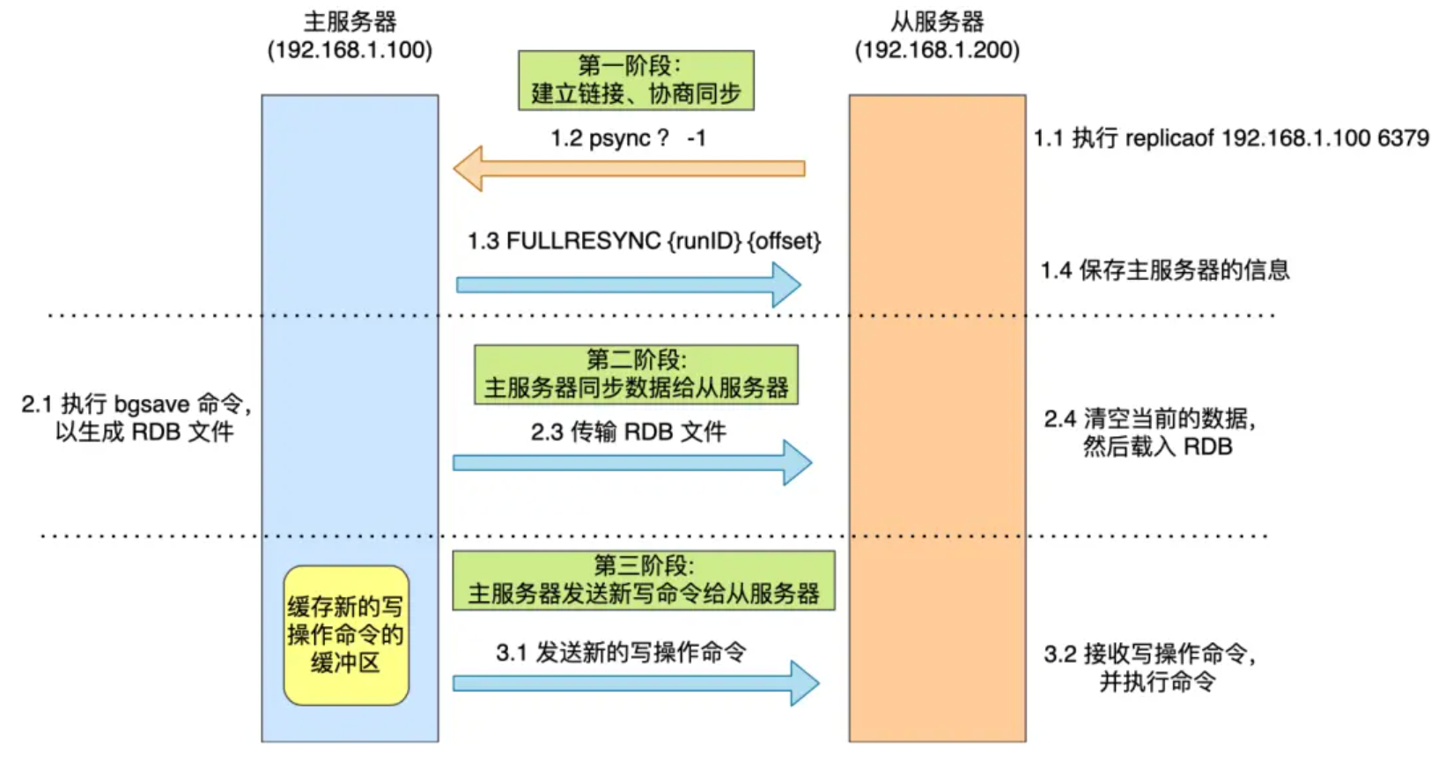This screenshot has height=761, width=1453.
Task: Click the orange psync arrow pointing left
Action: pos(629,168)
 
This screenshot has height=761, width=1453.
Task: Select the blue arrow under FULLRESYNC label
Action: pos(628,284)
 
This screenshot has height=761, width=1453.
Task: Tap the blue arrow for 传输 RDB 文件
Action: pos(631,462)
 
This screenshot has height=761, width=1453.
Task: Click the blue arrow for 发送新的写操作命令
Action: pos(635,683)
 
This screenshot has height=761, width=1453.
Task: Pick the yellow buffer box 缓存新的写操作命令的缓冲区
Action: pos(345,635)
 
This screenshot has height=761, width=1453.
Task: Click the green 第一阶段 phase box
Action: pos(636,80)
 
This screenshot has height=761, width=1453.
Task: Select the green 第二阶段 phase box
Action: pos(636,374)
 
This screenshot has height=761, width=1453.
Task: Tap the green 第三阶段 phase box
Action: pos(644,580)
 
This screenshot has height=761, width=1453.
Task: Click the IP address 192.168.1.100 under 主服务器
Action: pos(350,50)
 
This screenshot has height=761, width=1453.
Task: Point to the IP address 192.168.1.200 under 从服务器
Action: pos(937,50)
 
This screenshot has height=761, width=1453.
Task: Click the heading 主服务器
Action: pos(350,21)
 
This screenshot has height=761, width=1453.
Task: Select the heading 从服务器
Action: pos(937,21)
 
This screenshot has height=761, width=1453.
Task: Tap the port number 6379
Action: pos(1403,138)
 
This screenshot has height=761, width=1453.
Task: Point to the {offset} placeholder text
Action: pos(784,241)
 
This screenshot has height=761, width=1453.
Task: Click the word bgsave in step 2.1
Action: pos(151,404)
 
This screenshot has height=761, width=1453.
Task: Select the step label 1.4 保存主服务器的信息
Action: pos(1164,270)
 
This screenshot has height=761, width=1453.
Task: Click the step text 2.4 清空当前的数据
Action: pos(1149,418)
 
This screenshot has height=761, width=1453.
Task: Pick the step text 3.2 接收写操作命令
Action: pos(1149,654)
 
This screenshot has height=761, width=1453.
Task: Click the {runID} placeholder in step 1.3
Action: pos(704,241)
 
